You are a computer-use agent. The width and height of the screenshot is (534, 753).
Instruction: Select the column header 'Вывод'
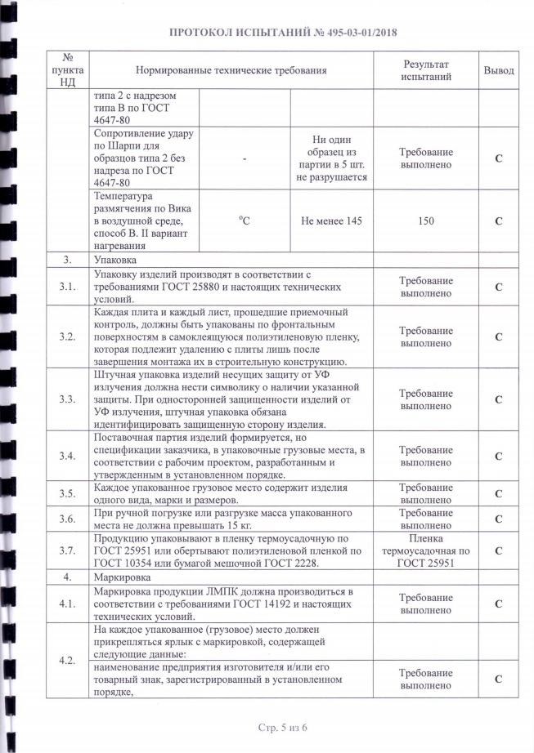(498, 71)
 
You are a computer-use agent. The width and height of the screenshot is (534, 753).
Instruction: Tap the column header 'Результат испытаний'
(425, 71)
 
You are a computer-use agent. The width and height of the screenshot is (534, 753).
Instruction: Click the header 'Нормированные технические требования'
(231, 71)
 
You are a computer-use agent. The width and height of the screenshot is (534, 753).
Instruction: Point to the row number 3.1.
(68, 287)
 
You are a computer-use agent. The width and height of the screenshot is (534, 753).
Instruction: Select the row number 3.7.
(68, 551)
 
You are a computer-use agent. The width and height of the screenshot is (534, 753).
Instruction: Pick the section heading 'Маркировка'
(121, 577)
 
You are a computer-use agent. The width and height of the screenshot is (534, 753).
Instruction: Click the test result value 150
(425, 221)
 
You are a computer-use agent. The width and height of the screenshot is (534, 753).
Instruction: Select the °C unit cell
(245, 221)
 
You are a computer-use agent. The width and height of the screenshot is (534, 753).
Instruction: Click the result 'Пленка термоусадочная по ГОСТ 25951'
(425, 551)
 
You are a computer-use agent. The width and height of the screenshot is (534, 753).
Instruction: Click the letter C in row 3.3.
(498, 399)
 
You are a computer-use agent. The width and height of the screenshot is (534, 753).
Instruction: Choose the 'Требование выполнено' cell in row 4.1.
(425, 604)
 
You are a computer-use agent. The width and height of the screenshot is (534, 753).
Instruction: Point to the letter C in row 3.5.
(498, 493)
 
